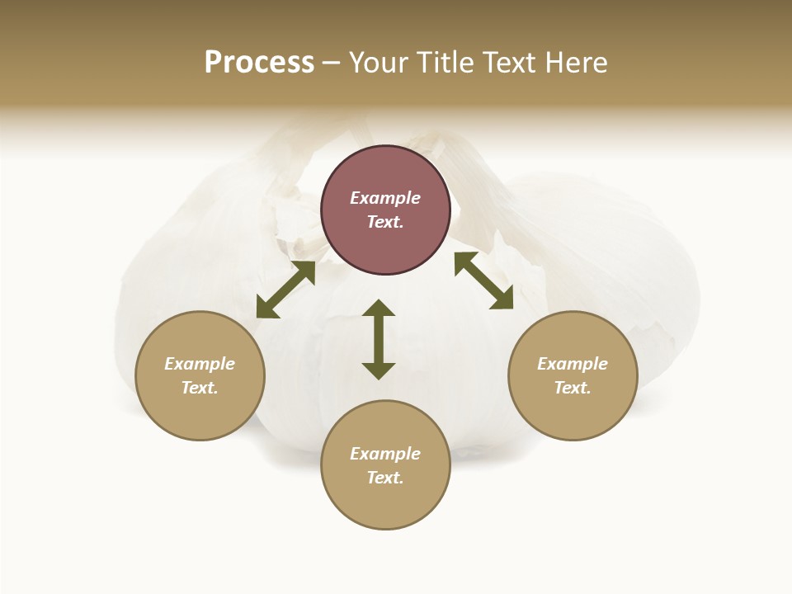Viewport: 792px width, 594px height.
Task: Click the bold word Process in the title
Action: [259, 62]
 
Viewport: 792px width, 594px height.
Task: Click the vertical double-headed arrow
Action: [379, 339]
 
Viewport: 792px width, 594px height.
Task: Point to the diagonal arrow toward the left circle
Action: [285, 290]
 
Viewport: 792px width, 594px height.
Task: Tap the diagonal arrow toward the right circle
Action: [483, 280]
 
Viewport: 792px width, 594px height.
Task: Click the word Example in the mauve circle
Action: [385, 198]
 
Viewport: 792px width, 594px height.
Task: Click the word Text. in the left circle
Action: [200, 388]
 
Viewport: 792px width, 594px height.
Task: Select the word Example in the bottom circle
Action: [385, 454]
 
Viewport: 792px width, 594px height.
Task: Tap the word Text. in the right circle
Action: [573, 388]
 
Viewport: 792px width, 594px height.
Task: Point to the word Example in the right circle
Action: [573, 364]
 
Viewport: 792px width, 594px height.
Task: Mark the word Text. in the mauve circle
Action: [385, 222]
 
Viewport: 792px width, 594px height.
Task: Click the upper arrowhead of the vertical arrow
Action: [379, 308]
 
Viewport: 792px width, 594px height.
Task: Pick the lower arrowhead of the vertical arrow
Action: [379, 370]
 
